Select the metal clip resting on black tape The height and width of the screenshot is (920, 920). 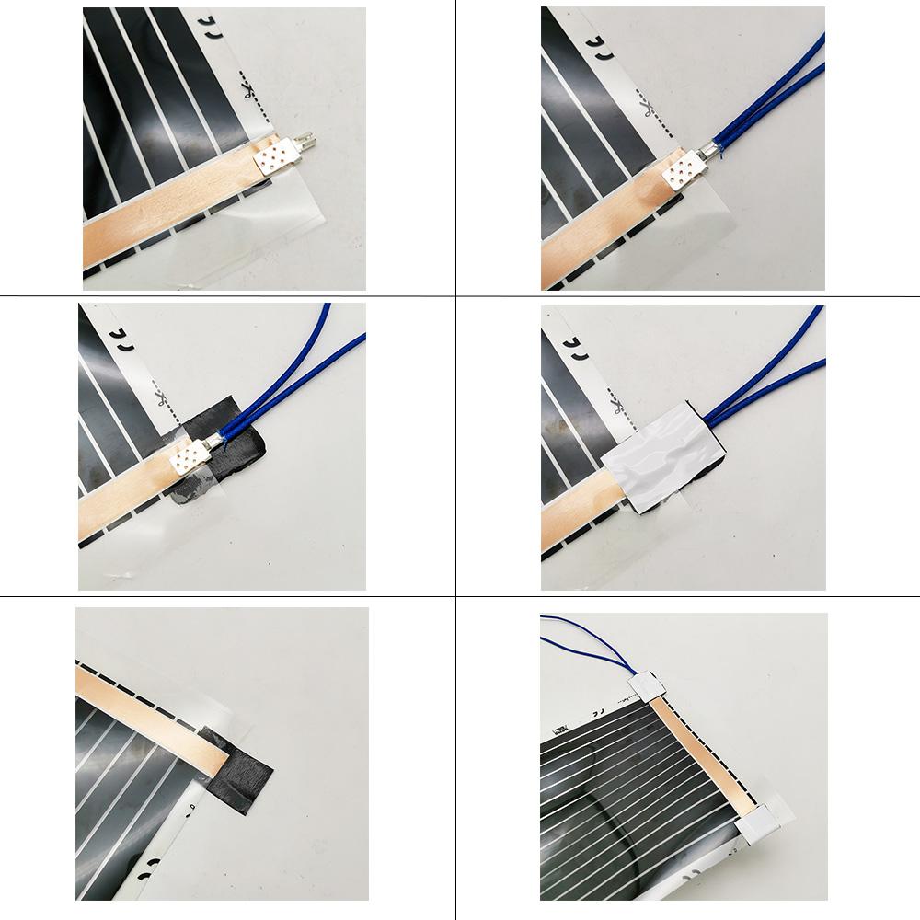tap(189, 457)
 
